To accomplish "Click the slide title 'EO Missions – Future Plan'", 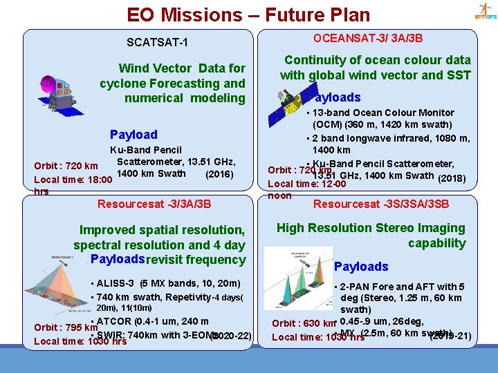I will point(248,15).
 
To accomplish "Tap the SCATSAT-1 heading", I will point(157,43).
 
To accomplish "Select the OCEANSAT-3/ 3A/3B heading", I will point(368,38).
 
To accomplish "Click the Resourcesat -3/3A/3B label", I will point(154,204).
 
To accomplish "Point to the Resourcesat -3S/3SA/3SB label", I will point(381,204).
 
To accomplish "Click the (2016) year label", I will point(221,173).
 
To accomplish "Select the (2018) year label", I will point(452,179).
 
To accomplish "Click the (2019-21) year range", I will point(450,336).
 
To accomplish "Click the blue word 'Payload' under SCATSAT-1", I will point(133,135).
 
